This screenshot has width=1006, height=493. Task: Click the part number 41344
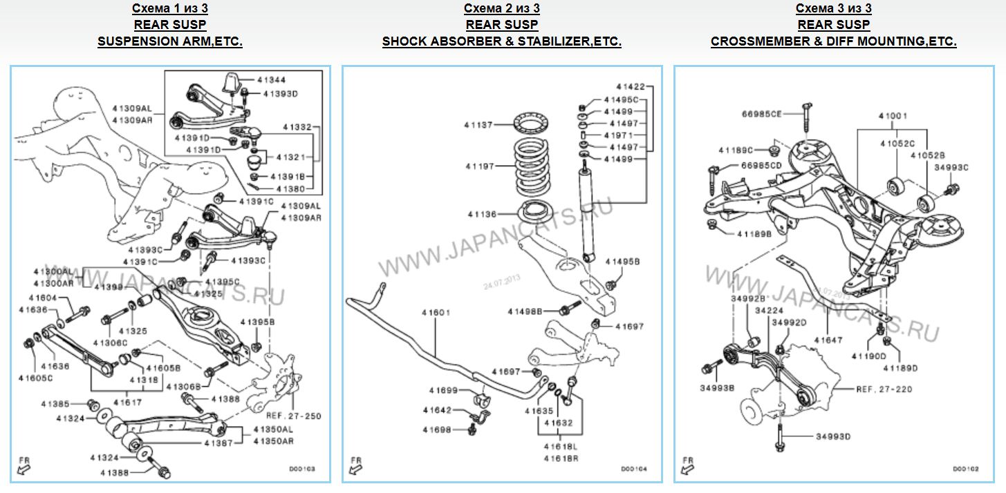tap(271, 80)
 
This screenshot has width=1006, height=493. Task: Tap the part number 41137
tap(478, 125)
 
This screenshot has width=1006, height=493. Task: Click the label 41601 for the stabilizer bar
tap(436, 313)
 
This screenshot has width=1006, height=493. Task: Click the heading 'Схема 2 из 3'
tap(502, 8)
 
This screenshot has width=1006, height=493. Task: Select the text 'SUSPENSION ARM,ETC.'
tap(170, 41)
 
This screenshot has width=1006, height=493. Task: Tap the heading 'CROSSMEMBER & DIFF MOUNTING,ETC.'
tap(833, 41)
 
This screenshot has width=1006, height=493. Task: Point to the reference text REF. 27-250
tap(294, 416)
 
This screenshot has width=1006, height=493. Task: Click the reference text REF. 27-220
tap(884, 389)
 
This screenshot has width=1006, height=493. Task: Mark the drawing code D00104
tap(633, 469)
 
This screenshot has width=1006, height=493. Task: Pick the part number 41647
tap(828, 340)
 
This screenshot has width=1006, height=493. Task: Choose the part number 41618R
tap(561, 458)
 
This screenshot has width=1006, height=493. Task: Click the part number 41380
tap(290, 188)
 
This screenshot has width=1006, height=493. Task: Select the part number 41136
tap(483, 215)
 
